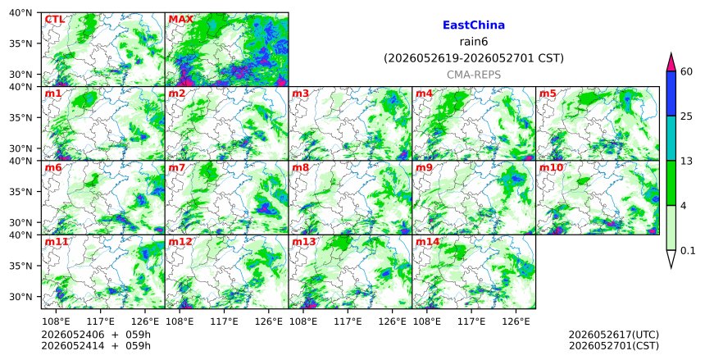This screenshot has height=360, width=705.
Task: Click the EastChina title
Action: (x=474, y=25)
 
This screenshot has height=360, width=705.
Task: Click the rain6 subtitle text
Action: (x=474, y=42)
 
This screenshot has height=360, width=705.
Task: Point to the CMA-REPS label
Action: (x=474, y=75)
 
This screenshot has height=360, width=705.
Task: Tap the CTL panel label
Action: (x=54, y=20)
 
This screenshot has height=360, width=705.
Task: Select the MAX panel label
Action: (x=180, y=20)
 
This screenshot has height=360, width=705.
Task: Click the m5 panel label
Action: (x=548, y=93)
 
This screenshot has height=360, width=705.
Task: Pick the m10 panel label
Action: (x=551, y=168)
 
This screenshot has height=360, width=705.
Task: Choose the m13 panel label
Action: (x=304, y=242)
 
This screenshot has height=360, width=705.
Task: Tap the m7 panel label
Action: (x=177, y=168)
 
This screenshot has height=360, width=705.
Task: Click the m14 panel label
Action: (x=427, y=242)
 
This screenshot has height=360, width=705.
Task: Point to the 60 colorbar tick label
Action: (x=686, y=72)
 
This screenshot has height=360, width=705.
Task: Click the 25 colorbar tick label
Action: (x=686, y=116)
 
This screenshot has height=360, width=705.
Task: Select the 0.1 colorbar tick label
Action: (x=688, y=251)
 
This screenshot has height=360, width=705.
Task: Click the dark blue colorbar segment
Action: (x=671, y=93)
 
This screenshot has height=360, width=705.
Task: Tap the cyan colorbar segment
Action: (x=671, y=138)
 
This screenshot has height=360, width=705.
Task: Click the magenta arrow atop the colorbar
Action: (x=671, y=63)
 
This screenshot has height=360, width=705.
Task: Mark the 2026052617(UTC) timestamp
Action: (x=614, y=335)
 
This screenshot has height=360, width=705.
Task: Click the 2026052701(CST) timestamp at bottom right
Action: (x=614, y=346)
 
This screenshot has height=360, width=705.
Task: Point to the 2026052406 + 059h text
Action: (x=96, y=335)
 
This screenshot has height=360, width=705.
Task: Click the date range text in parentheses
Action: (x=474, y=58)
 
